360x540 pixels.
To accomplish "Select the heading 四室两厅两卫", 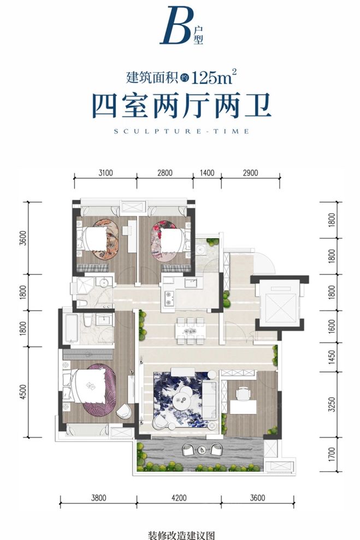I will pos(181,106).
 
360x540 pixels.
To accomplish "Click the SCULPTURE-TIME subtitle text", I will pos(180,131).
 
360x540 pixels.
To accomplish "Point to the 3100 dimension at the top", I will pos(105,173).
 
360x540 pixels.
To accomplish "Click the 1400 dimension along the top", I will pos(207,173).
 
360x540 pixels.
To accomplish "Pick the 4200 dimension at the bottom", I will pos(179,497).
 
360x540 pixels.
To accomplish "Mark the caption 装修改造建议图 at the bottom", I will pos(180,532).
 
